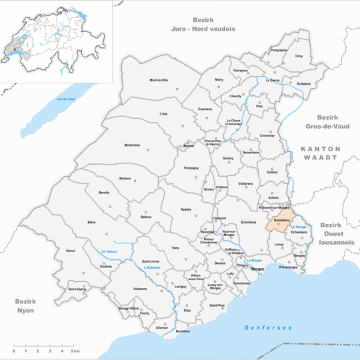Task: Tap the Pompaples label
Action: (x=279, y=50)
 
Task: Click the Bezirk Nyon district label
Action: (x=25, y=306)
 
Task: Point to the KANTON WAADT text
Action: (x=320, y=153)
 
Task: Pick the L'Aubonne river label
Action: (x=153, y=267)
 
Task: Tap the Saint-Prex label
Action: (x=217, y=305)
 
